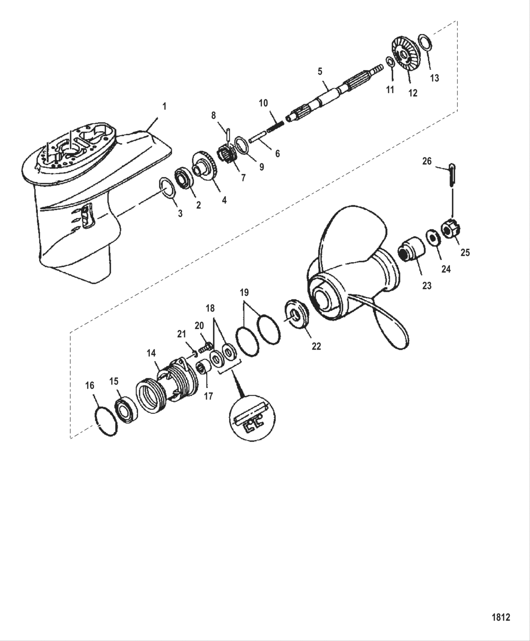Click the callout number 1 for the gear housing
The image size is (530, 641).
164,107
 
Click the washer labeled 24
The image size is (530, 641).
432,237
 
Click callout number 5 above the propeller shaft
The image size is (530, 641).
320,72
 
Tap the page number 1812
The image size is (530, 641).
501,617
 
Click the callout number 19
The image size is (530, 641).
244,292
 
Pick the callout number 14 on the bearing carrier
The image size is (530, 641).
151,353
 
